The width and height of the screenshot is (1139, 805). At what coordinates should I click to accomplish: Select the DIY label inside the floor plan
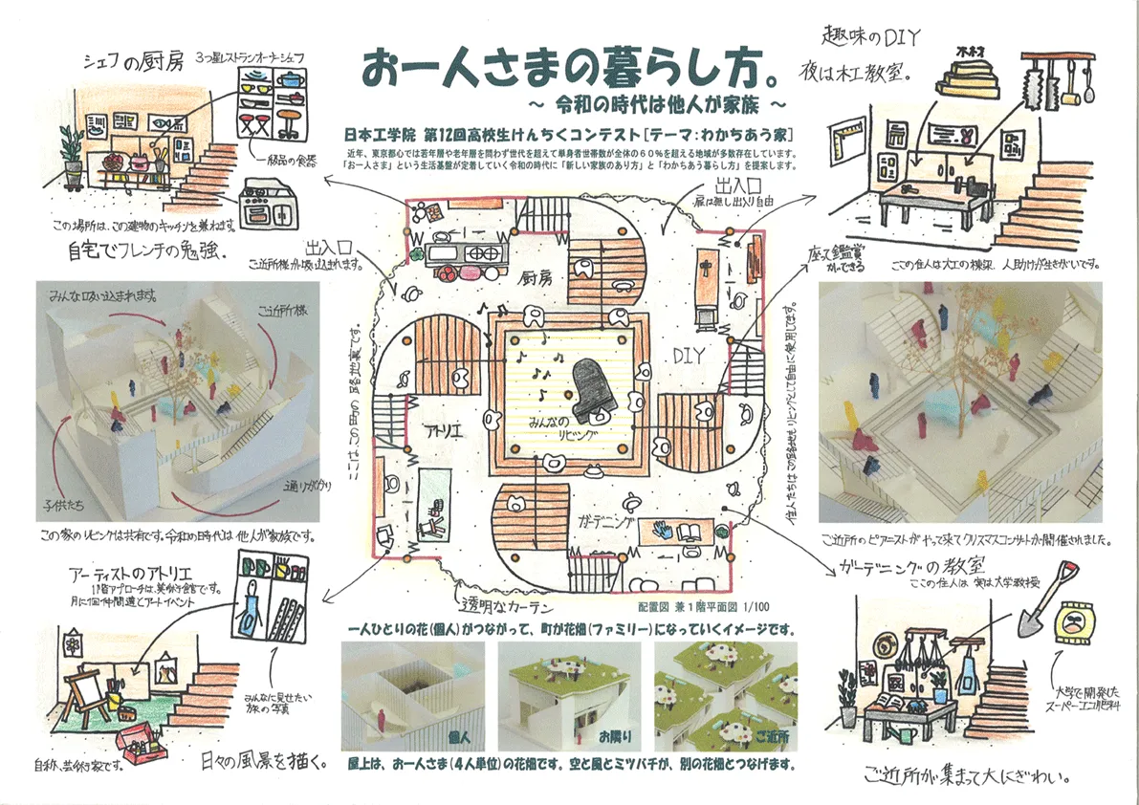[x=688, y=355]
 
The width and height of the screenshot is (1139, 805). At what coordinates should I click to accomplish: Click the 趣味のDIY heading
[x=871, y=37]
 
